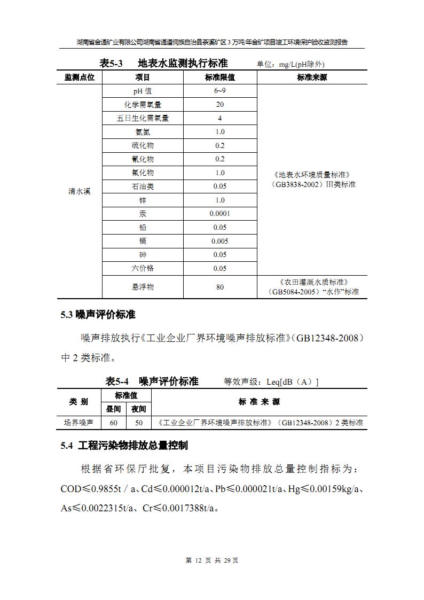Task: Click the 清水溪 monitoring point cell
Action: coord(79,191)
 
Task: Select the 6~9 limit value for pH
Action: coord(219,91)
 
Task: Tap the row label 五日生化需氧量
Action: coord(143,118)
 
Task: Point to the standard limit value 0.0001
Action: coord(219,214)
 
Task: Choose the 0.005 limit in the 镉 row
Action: coord(219,241)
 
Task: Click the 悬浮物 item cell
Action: coord(143,287)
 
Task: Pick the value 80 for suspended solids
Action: coord(219,287)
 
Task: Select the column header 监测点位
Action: coord(79,77)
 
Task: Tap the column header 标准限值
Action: coord(219,77)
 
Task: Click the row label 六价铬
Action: coord(143,268)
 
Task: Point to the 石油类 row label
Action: coord(143,186)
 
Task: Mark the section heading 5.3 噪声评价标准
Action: coord(98,315)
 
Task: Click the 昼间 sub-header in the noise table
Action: coord(113,409)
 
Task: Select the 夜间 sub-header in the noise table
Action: coord(139,409)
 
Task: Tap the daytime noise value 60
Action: coord(113,423)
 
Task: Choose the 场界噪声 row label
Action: coord(78,423)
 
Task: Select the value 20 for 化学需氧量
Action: coord(219,105)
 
